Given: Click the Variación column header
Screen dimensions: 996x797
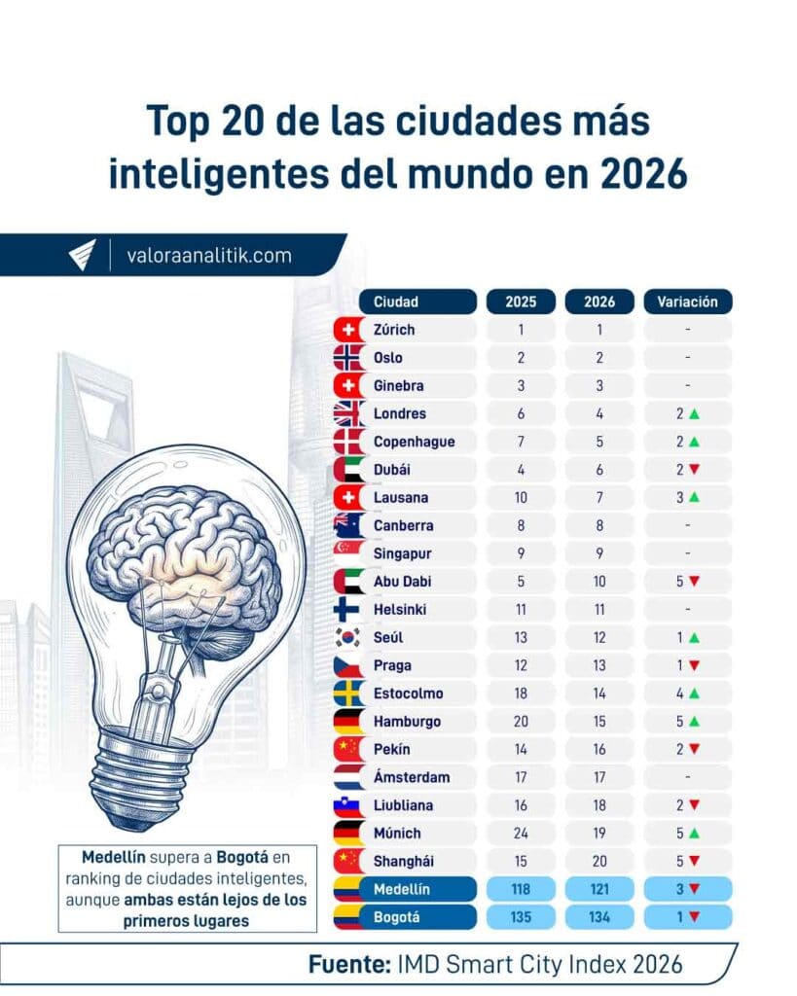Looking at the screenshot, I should pyautogui.click(x=687, y=302).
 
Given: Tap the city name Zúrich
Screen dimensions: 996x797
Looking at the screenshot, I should pyautogui.click(x=394, y=330).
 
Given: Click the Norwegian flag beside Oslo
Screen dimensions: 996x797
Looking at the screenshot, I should pyautogui.click(x=348, y=358).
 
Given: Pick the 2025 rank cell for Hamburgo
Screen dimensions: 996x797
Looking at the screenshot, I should pyautogui.click(x=521, y=722).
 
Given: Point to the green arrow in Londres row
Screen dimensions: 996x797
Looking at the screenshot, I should pyautogui.click(x=694, y=413).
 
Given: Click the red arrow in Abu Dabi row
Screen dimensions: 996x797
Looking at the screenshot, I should pyautogui.click(x=694, y=582).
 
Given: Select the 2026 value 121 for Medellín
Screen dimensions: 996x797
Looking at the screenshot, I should pyautogui.click(x=599, y=890).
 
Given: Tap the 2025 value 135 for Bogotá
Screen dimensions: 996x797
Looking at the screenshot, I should pyautogui.click(x=521, y=918).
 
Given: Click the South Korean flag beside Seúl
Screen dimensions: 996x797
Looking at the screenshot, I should pyautogui.click(x=348, y=638).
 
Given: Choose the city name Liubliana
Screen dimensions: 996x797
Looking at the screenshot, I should pyautogui.click(x=403, y=805).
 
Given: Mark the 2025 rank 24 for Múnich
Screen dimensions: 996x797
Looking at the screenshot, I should pyautogui.click(x=521, y=834).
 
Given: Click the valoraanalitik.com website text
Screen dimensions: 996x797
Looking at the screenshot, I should pyautogui.click(x=208, y=256).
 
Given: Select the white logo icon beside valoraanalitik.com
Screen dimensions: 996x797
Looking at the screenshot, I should pyautogui.click(x=82, y=255).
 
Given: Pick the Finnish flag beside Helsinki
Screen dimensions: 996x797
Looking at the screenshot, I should pyautogui.click(x=348, y=610).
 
